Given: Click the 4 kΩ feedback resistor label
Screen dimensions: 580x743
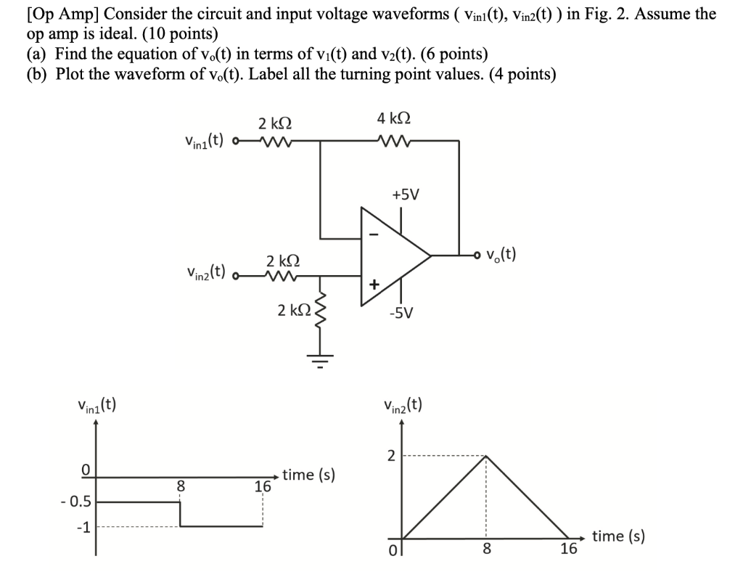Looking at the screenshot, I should pyautogui.click(x=393, y=118).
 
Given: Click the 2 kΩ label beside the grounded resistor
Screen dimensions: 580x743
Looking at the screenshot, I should pyautogui.click(x=294, y=310).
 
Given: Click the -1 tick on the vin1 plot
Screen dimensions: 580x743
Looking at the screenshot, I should pyautogui.click(x=84, y=528).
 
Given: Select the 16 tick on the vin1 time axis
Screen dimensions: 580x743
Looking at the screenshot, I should pyautogui.click(x=263, y=487).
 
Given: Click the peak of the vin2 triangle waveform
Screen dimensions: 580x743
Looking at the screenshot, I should pyautogui.click(x=486, y=456).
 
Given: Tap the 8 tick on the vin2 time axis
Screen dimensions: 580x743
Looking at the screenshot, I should pyautogui.click(x=486, y=550).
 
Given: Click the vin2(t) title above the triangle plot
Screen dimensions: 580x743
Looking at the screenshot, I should pyautogui.click(x=405, y=404).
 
